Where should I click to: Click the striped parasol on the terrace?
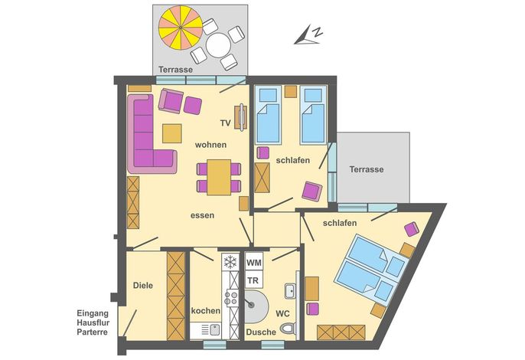(x=181, y=28)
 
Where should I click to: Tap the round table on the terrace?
(x=218, y=46)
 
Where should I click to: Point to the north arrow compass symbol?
(x=308, y=34)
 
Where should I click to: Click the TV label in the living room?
(x=226, y=123)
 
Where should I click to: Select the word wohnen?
(x=210, y=145)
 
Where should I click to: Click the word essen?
(x=202, y=215)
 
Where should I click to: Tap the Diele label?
(x=143, y=286)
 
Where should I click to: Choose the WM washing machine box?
(x=254, y=263)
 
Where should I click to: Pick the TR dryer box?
(x=254, y=280)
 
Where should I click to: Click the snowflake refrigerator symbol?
(x=230, y=262)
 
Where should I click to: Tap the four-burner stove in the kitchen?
(x=230, y=298)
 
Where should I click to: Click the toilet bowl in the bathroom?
(x=288, y=329)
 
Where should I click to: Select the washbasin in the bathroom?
(x=290, y=290)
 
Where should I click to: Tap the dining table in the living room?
(x=219, y=177)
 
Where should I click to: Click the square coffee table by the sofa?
(x=172, y=133)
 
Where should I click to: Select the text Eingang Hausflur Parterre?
(x=93, y=322)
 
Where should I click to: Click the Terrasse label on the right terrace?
(x=367, y=169)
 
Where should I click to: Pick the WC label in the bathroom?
(x=282, y=314)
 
